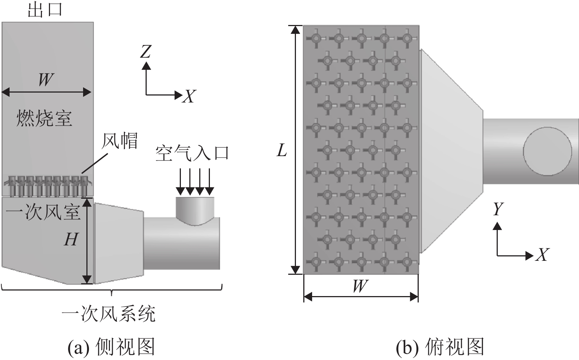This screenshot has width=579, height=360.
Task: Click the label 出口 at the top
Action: click(x=45, y=10)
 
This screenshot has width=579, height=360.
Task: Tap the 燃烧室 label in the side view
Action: click(x=44, y=118)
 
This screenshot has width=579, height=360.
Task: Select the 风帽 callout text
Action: click(x=120, y=141)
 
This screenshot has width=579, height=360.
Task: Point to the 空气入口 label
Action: click(x=192, y=153)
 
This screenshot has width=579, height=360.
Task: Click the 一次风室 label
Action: click(x=43, y=212)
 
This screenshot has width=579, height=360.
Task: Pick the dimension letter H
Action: click(x=71, y=240)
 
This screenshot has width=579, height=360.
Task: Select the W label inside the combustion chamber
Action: click(x=46, y=79)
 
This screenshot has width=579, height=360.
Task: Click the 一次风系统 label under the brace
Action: click(x=109, y=314)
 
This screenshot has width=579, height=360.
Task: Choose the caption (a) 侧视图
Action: click(x=111, y=346)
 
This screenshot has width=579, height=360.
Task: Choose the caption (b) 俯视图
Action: click(x=440, y=346)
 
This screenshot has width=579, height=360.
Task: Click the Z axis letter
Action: click(x=146, y=52)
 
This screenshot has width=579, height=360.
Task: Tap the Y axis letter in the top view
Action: click(x=497, y=209)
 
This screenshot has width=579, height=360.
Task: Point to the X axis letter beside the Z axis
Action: click(x=189, y=96)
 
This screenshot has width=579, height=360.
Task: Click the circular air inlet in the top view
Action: click(x=547, y=151)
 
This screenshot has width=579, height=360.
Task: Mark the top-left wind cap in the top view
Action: click(x=316, y=38)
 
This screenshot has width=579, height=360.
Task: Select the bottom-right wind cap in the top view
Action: click(x=407, y=262)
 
